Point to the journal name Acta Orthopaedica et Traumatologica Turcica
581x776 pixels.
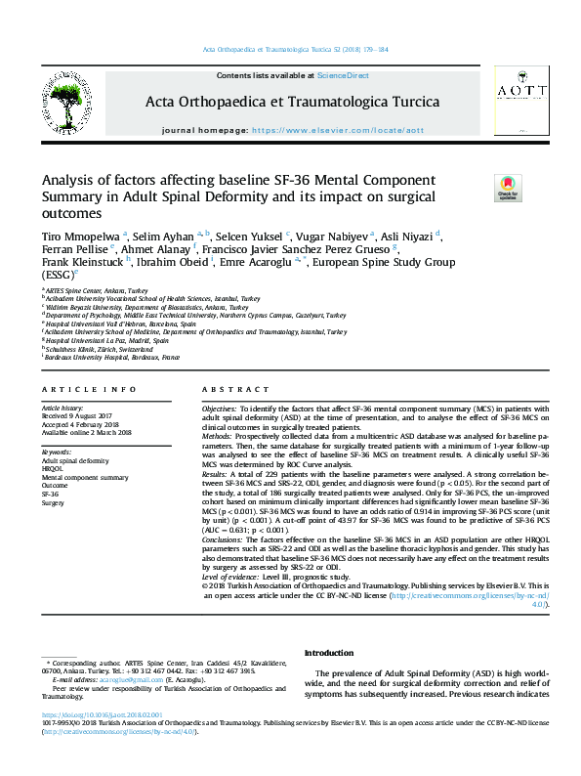coord(292,102)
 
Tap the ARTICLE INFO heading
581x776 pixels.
coord(74,389)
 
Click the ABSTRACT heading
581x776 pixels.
coord(225,389)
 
